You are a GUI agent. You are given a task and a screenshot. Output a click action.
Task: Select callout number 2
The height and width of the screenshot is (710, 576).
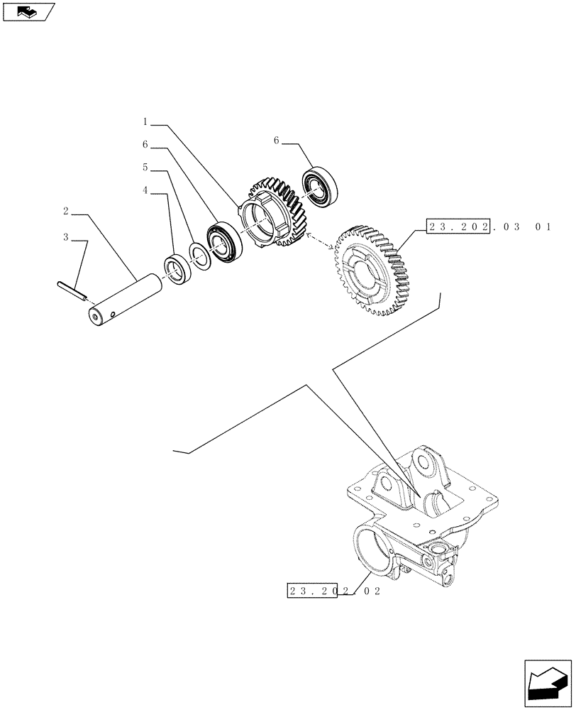click(65, 212)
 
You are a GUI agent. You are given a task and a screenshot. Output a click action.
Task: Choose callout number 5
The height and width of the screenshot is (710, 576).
click(145, 168)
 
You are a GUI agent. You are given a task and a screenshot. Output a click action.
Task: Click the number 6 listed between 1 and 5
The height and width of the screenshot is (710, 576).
click(145, 145)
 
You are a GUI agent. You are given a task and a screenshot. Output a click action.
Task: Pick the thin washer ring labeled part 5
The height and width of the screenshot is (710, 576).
click(199, 254)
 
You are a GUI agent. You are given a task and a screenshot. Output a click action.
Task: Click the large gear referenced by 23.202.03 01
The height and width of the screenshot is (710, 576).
click(372, 270)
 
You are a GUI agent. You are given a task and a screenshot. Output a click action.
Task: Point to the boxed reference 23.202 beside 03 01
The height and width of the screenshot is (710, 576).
click(458, 226)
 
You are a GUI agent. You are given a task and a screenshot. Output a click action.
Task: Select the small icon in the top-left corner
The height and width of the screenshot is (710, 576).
click(28, 11)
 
